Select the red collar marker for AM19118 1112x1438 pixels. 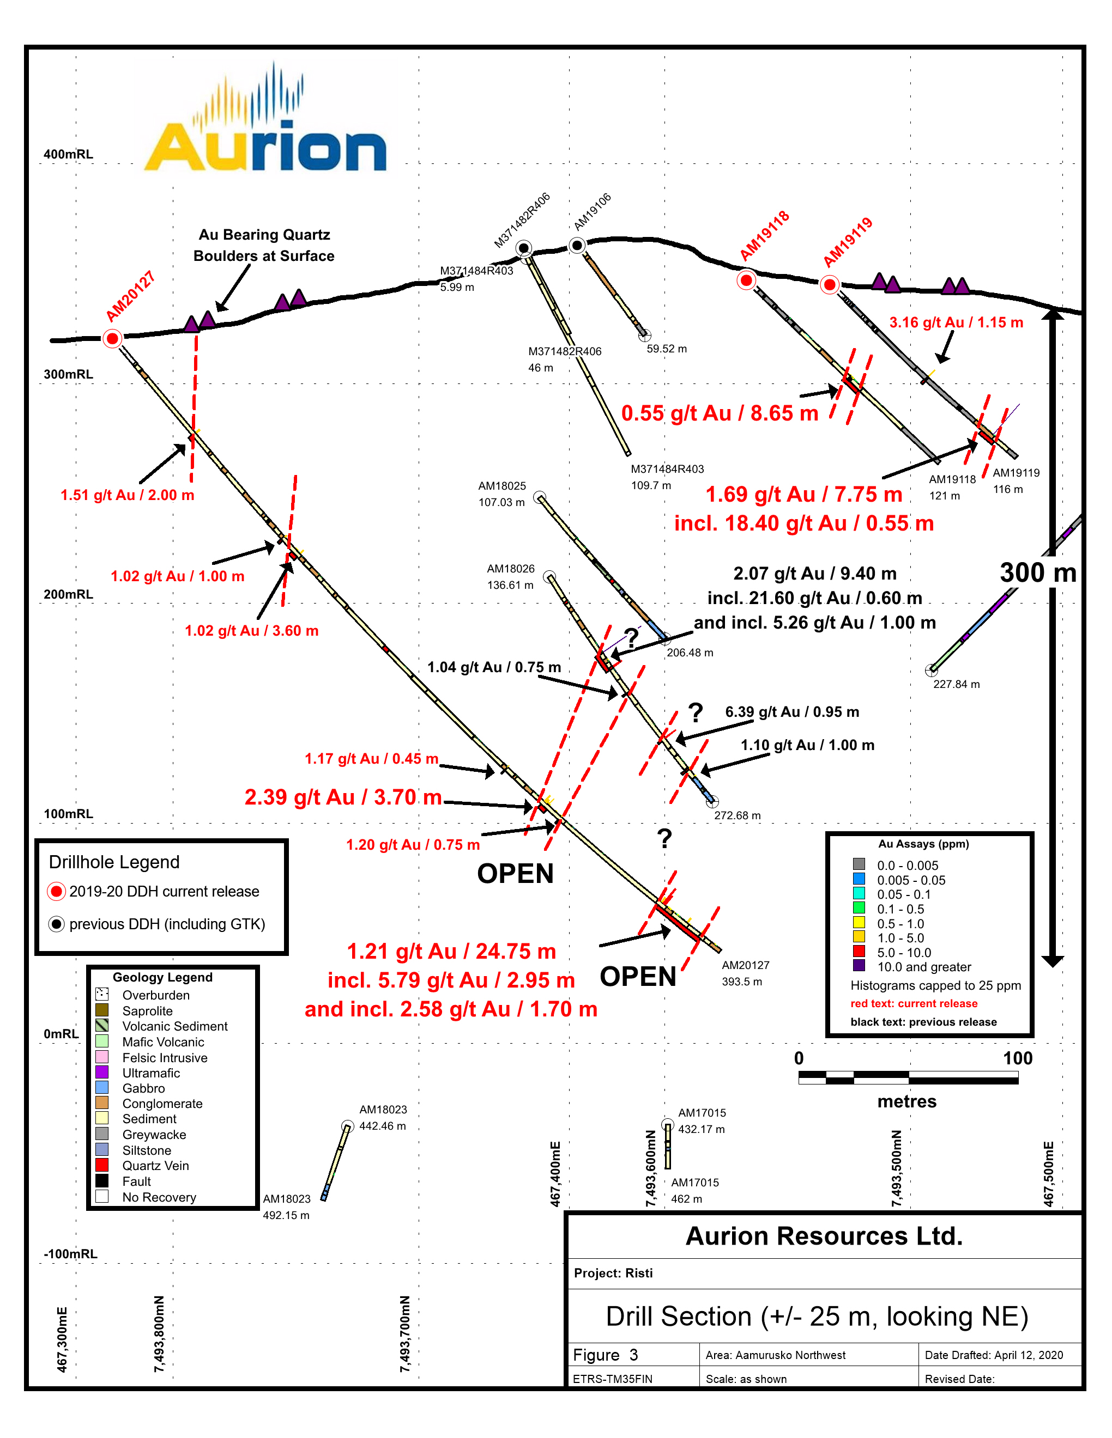click(x=746, y=281)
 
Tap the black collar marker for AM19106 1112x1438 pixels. click(x=577, y=246)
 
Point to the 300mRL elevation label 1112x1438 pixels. click(x=69, y=374)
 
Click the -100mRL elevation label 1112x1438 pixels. click(x=70, y=1254)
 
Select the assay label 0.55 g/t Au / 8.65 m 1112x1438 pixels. click(x=720, y=413)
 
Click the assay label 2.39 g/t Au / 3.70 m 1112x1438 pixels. click(x=342, y=797)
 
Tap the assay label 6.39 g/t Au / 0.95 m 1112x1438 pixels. click(x=792, y=712)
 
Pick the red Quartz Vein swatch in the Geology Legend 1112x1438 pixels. click(x=102, y=1165)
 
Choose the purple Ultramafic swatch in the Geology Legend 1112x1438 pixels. click(x=102, y=1072)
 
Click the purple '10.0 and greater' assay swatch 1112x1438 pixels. click(x=859, y=965)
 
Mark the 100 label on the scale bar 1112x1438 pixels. click(x=1017, y=1058)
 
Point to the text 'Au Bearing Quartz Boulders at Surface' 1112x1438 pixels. click(x=264, y=245)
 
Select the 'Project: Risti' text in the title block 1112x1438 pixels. click(x=613, y=1273)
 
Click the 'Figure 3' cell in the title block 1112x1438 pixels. click(x=606, y=1354)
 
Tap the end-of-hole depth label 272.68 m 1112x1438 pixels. click(x=737, y=815)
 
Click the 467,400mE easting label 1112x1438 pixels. click(x=555, y=1174)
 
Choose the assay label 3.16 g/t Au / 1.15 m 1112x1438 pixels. click(x=956, y=322)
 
